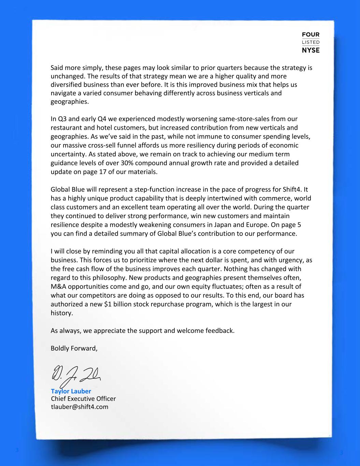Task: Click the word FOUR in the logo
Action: pos(311,35)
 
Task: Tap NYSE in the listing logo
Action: pos(311,50)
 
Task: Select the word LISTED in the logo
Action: pos(311,42)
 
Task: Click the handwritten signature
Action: pos(77,375)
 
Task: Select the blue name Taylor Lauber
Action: pos(71,391)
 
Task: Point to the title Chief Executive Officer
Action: pos(83,399)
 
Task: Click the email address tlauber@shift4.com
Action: pos(80,407)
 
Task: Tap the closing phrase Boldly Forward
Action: pos(74,348)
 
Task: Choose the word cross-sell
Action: pos(100,145)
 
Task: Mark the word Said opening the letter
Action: pos(57,68)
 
